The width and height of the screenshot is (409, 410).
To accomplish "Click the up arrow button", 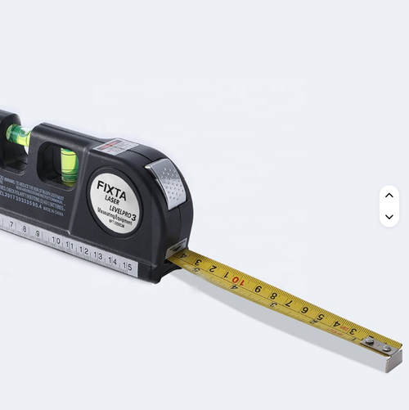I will [x=389, y=195].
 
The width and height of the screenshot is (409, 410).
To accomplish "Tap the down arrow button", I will [x=389, y=217].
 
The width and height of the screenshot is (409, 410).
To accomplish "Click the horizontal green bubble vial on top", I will [x=17, y=136].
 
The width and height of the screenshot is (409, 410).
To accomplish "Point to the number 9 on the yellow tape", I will [x=257, y=289].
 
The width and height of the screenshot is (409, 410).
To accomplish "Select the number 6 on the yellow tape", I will [x=304, y=310].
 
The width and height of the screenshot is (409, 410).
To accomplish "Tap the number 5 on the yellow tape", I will [x=321, y=317].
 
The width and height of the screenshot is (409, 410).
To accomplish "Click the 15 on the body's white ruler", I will [x=127, y=267].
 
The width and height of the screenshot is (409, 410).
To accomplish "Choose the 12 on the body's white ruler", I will [x=83, y=250].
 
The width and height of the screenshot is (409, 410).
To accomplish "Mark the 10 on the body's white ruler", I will [x=56, y=241].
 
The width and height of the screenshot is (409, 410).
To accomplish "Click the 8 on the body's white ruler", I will [x=25, y=229].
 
